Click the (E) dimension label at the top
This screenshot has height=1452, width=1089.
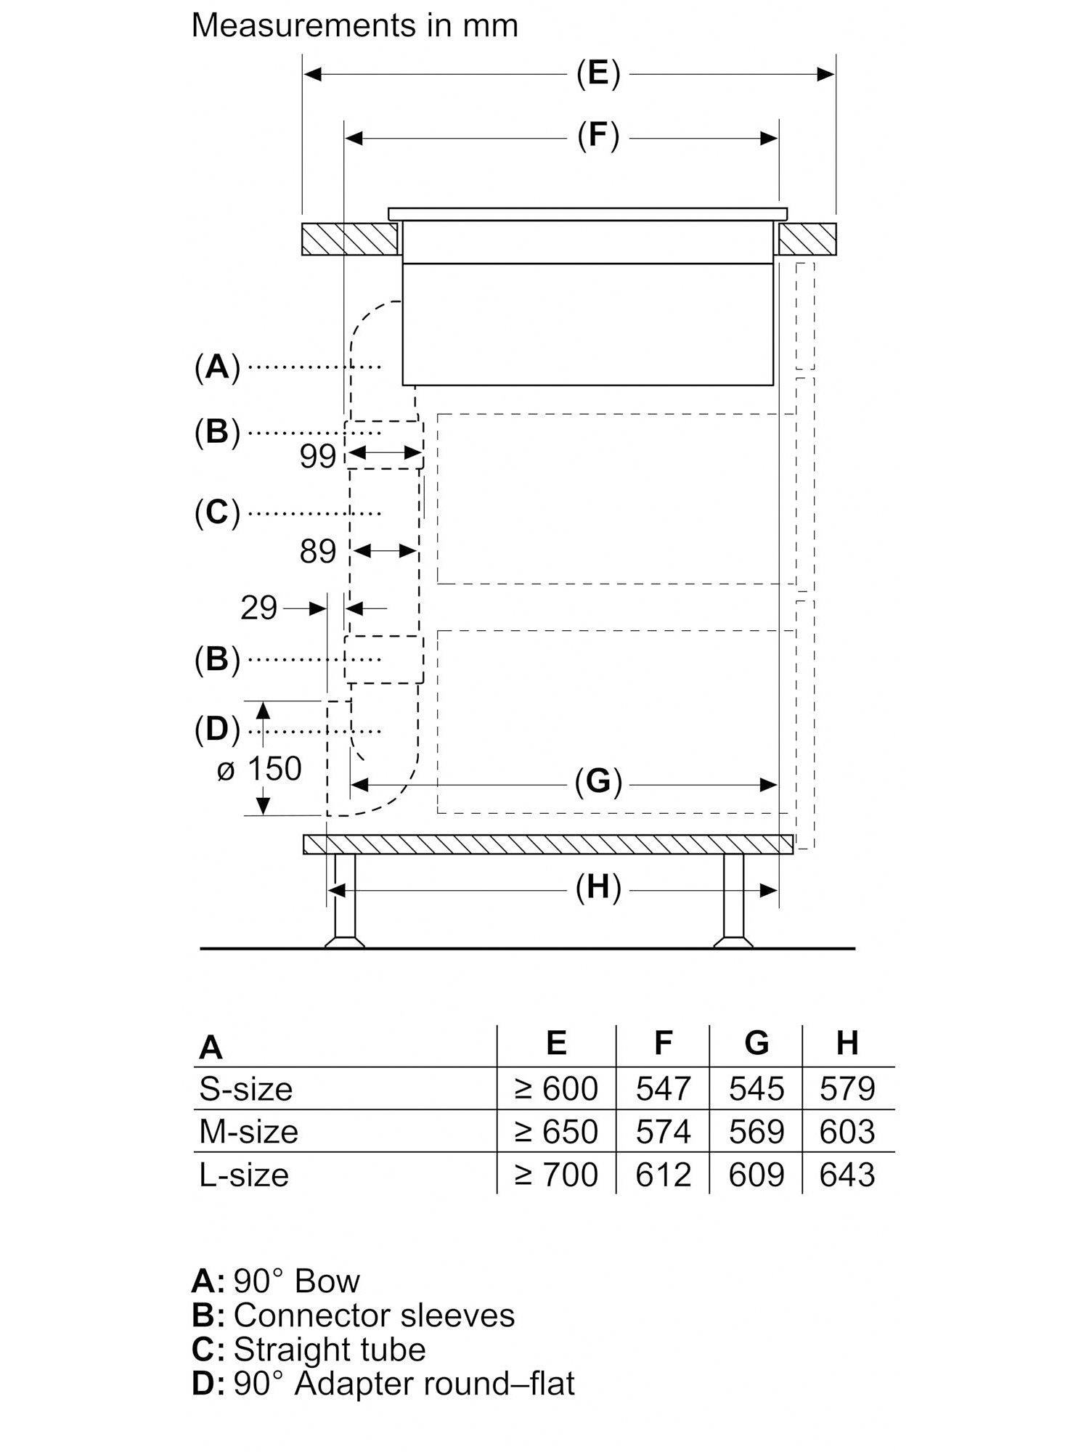point(598,74)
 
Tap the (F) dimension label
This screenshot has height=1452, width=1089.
point(598,136)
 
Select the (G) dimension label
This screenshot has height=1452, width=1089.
point(598,783)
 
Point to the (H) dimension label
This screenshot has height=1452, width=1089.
point(598,888)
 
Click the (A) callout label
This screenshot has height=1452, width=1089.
point(217,367)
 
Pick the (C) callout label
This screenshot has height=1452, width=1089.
point(217,513)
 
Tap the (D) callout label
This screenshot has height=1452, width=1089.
point(217,729)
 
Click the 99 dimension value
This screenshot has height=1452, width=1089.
point(318,457)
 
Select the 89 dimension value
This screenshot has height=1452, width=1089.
point(318,552)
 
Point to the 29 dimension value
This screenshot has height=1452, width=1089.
point(259,608)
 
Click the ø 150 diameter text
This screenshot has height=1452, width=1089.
point(259,769)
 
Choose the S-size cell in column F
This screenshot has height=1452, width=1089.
point(663,1089)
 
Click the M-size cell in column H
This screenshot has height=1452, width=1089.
point(847,1132)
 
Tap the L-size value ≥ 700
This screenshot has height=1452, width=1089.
point(556,1175)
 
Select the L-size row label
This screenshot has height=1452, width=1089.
point(244,1175)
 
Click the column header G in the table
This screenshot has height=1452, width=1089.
point(756,1043)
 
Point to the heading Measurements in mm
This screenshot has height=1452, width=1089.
point(354,26)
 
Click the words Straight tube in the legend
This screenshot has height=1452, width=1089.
point(329,1349)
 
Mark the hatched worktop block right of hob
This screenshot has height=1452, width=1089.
point(807,239)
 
